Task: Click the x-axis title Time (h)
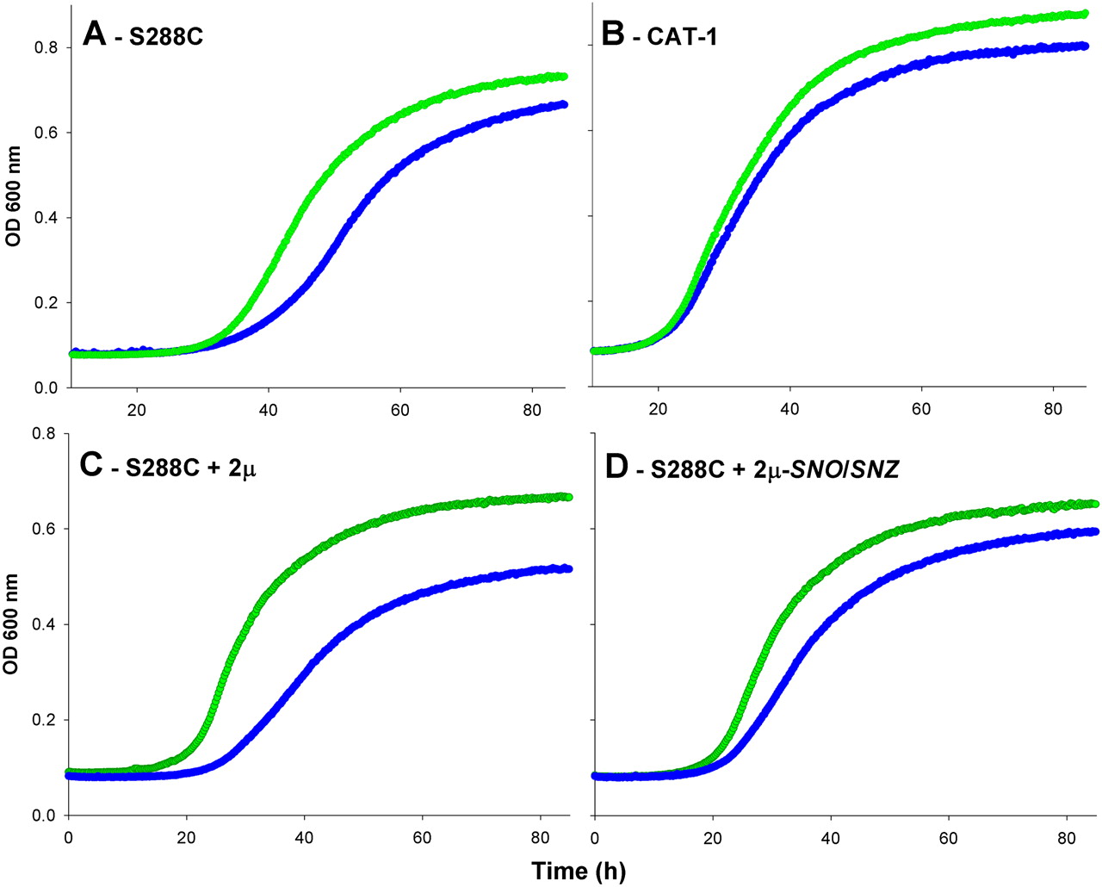(x=579, y=871)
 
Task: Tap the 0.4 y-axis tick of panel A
(x=46, y=218)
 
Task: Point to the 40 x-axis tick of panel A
(x=268, y=410)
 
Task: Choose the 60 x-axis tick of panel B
(x=921, y=410)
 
